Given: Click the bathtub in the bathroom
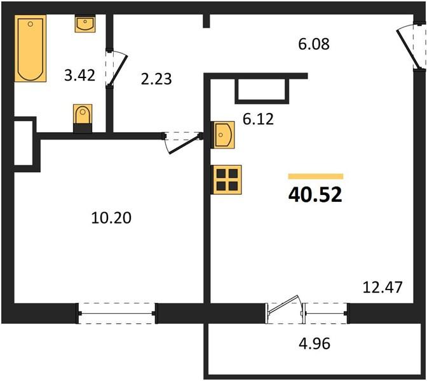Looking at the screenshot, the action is point(30,48).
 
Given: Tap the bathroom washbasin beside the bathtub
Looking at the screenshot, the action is point(85,23).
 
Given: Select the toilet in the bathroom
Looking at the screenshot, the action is point(83,119).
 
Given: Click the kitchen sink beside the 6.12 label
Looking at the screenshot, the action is point(223,135).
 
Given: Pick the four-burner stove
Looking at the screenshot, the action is point(226,180).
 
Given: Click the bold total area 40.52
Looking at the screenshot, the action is point(315,195).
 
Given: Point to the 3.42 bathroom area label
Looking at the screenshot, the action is point(80,76).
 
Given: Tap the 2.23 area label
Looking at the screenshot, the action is point(156,79).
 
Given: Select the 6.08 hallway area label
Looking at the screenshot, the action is point(314,44).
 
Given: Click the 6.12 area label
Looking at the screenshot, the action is point(258,119).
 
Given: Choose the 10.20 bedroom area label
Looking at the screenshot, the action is point(111,218).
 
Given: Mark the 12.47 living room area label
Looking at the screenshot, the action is point(383,287).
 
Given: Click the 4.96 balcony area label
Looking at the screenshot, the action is point(315,344).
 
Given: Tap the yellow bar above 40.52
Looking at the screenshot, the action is point(316,177).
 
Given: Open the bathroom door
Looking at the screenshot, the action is point(116,68).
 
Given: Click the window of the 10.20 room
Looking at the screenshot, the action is point(116,313).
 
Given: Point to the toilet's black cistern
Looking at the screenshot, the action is point(83,128).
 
